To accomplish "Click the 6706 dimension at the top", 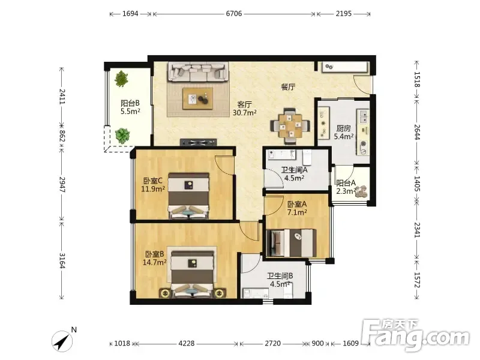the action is [x=234, y=13].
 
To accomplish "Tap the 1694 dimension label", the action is [x=130, y=13].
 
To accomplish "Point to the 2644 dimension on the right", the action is [x=417, y=132].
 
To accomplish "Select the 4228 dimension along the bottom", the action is [x=187, y=343].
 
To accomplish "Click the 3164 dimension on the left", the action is [x=62, y=260].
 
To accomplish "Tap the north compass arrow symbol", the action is [x=62, y=341].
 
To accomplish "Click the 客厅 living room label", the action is [x=245, y=104].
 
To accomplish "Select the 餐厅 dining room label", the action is [x=288, y=87].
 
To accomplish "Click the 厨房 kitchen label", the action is [x=343, y=128].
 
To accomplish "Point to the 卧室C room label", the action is [x=153, y=181].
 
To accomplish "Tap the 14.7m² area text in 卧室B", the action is [x=155, y=262].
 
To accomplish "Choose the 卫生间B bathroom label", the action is [x=280, y=276].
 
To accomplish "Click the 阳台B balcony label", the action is [x=130, y=103].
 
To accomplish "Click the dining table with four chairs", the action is [x=290, y=126].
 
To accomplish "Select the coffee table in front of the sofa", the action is [x=198, y=98].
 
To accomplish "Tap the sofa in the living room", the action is [x=198, y=72].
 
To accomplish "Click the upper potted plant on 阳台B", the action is [x=122, y=79].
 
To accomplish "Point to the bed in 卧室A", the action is [x=292, y=243].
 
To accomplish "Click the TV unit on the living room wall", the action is [x=199, y=142].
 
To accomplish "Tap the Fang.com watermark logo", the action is [x=415, y=335].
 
